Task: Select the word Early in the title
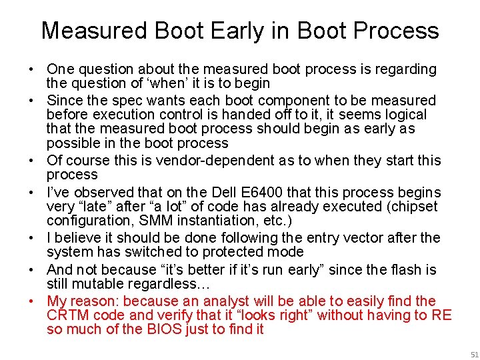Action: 200,31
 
